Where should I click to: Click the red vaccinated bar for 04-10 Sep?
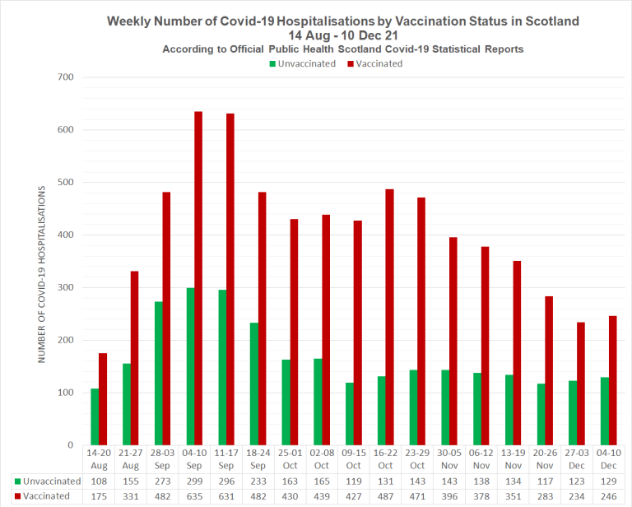198,278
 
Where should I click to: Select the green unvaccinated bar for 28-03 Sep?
158,373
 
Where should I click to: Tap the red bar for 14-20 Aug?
103,399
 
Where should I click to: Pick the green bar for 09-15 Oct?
349,413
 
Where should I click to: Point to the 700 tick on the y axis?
64,77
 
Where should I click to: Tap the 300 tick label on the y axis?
64,287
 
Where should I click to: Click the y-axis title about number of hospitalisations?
41,275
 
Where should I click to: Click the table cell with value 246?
608,496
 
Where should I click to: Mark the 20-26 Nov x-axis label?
546,459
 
